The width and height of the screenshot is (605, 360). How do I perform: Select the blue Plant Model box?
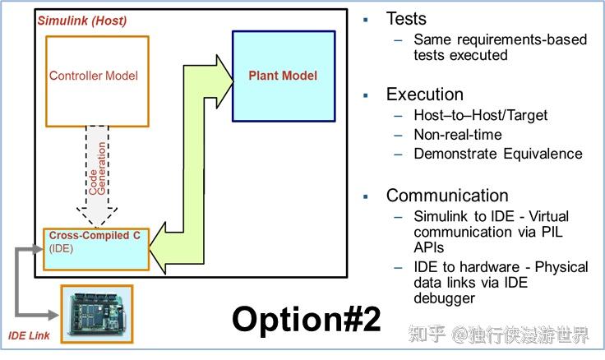(x=283, y=76)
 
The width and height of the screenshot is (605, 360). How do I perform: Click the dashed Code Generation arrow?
(x=102, y=177)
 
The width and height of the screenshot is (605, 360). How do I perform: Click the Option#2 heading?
(x=306, y=318)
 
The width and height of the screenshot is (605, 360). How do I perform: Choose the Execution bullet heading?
(x=425, y=94)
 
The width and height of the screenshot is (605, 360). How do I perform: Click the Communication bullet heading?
(x=447, y=196)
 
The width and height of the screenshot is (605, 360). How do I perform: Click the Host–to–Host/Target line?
(x=479, y=116)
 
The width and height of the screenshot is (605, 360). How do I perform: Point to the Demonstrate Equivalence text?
(x=498, y=154)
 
